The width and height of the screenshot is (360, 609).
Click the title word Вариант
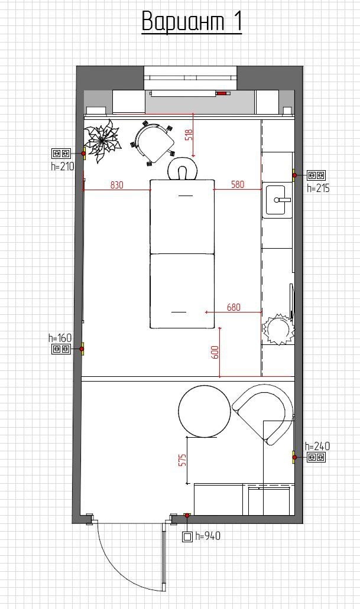(183, 21)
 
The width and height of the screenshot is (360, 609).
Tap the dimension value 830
(116, 185)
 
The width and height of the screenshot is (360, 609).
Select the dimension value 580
(238, 184)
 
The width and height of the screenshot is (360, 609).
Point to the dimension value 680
(233, 307)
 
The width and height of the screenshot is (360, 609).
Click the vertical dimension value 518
(189, 134)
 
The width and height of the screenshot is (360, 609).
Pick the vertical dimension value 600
(216, 352)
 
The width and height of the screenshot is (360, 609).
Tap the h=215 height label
(318, 188)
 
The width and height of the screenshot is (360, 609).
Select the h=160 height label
(60, 338)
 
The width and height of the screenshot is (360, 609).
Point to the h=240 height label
(317, 446)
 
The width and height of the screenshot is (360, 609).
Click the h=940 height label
(208, 536)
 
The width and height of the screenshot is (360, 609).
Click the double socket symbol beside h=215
(316, 175)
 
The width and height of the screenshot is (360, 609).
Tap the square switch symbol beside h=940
(187, 537)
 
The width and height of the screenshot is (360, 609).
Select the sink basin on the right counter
(278, 200)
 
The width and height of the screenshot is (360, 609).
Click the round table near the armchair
(205, 411)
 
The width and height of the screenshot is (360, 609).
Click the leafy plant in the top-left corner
(102, 141)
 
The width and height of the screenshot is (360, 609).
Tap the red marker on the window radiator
(223, 93)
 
